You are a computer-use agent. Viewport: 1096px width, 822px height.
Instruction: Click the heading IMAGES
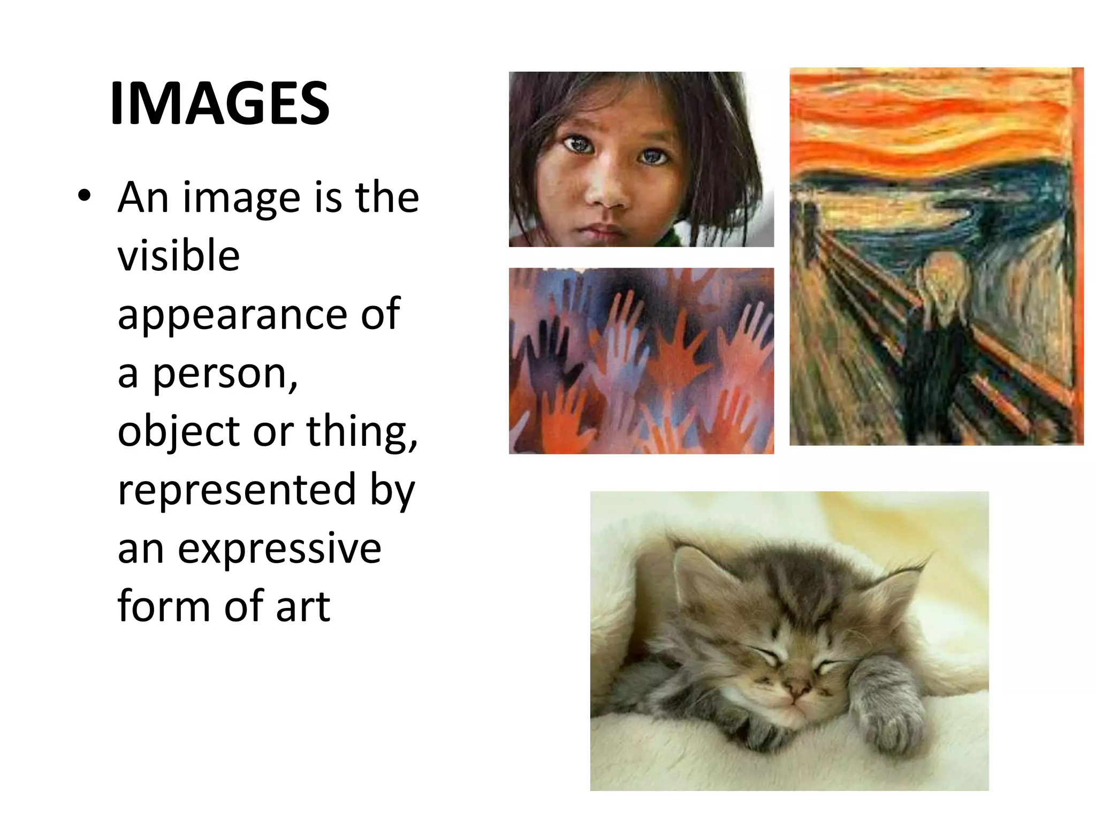tap(219, 103)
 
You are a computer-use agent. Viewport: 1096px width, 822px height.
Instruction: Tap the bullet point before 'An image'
tap(84, 196)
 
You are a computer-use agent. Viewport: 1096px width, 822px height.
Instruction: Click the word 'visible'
tap(178, 255)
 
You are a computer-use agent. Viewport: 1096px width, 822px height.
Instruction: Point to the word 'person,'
tap(225, 374)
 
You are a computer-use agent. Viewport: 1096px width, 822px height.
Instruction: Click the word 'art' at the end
tap(303, 607)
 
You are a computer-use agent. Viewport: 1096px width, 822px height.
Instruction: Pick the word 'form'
tap(164, 607)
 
